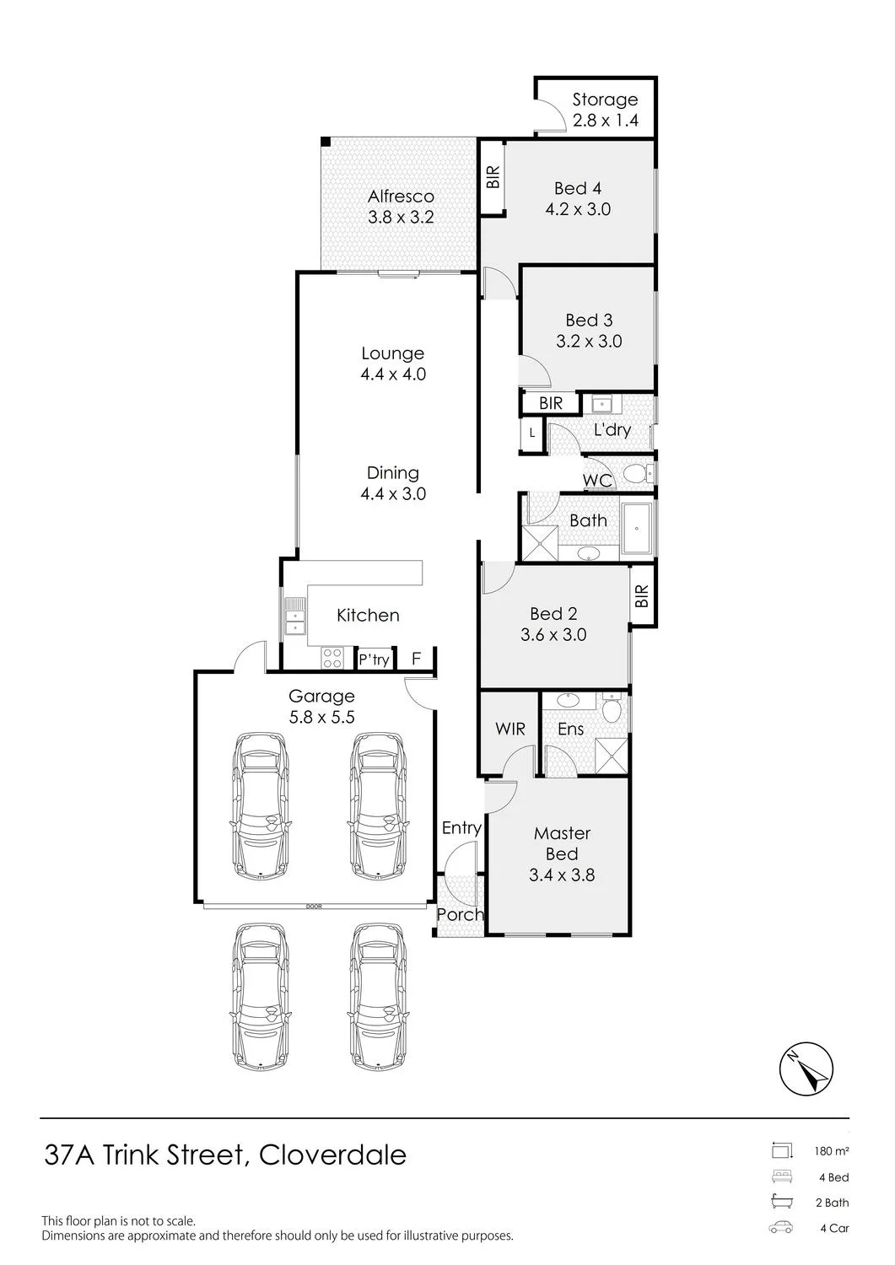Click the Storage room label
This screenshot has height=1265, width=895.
[605, 100]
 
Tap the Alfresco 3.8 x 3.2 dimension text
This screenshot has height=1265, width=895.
[401, 217]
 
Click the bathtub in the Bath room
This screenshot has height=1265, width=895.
[637, 528]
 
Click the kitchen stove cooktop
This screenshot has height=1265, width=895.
[332, 658]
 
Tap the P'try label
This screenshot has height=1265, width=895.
[374, 659]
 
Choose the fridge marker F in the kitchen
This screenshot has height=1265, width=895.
[417, 659]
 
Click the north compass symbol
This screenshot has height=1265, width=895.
[806, 1069]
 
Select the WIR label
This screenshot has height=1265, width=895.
[510, 729]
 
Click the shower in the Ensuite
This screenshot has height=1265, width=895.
[611, 755]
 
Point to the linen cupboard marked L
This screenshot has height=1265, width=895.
[531, 433]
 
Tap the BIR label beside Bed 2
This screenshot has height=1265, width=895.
[642, 595]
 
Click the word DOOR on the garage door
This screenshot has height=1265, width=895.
[314, 907]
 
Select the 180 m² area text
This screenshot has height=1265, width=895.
[832, 1150]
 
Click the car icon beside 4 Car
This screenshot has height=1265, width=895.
[781, 1228]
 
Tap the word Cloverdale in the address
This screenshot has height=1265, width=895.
[333, 1155]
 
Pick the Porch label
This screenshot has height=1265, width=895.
[461, 914]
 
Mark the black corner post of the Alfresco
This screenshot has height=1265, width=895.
[326, 141]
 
